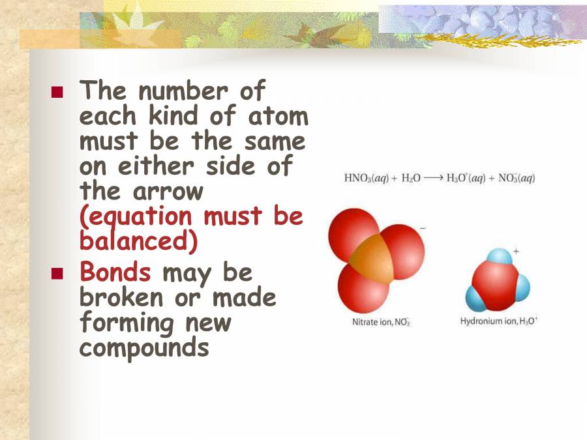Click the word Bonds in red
(115, 272)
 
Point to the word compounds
(144, 347)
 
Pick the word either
(160, 167)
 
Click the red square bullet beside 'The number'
(57, 93)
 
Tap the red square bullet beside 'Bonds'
(57, 273)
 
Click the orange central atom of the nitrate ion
(372, 259)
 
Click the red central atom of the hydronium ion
(495, 281)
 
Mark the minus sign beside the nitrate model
(423, 228)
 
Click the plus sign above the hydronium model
(516, 250)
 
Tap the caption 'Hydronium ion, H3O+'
(499, 321)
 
